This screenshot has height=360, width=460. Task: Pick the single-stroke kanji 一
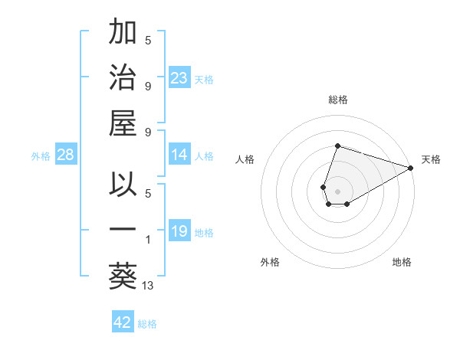coord(123,230)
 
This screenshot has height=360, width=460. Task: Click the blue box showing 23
coord(179,77)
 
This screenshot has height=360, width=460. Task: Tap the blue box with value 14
coord(179,155)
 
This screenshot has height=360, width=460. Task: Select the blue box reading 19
coord(179,231)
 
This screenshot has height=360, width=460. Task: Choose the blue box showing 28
coord(66,155)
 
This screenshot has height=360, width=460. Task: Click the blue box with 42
coord(123,322)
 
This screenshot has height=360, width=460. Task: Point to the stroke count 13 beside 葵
coord(148,286)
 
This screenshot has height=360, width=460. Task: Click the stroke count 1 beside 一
coord(148,240)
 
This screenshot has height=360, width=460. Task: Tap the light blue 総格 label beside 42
coord(147,324)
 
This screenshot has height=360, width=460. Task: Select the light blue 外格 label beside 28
coord(41,156)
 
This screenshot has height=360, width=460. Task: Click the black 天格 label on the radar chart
coord(431,159)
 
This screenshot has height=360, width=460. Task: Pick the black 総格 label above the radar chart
coord(338,100)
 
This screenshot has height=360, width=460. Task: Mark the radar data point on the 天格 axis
coord(412,167)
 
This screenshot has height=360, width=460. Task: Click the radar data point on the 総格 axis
coord(337,146)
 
